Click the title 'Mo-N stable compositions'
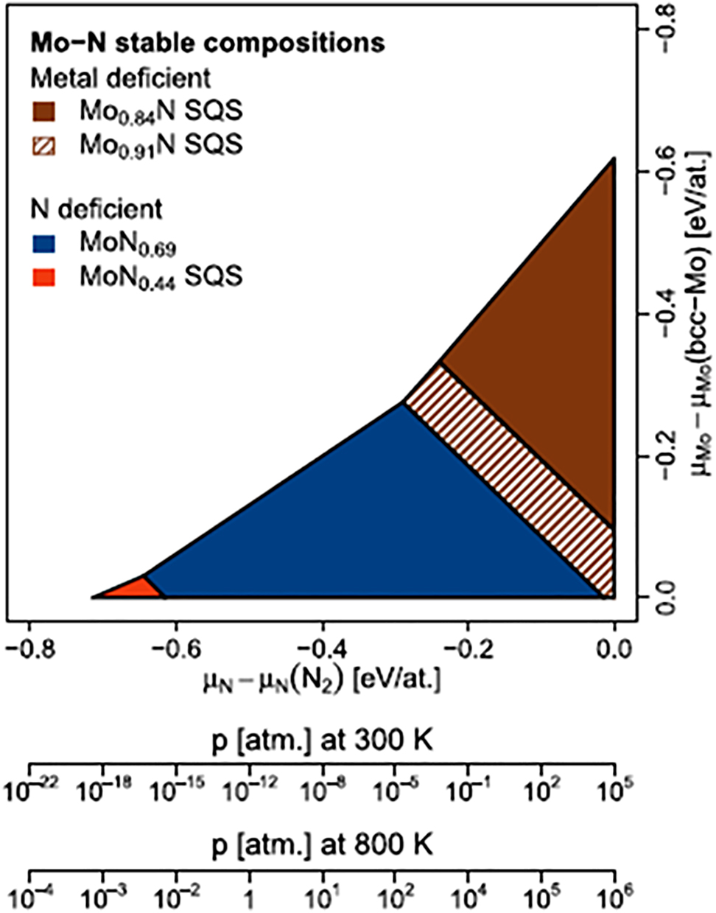pos(207,43)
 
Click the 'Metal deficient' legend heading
pos(120,77)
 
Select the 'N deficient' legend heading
pos(96,209)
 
